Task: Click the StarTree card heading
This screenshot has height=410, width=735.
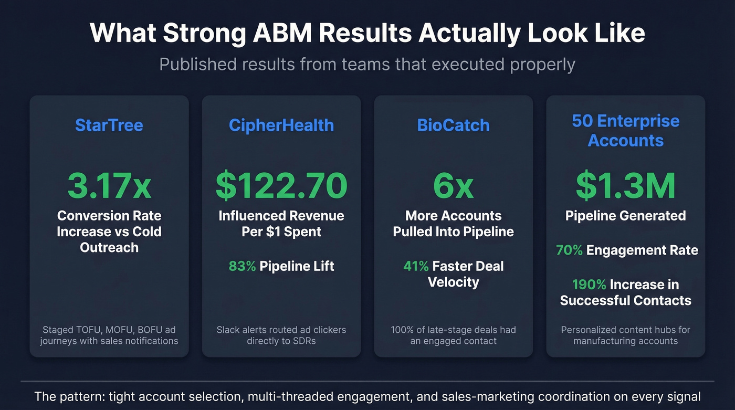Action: (109, 125)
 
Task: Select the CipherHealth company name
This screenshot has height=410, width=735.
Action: (281, 125)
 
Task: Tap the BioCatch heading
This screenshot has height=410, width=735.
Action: (453, 125)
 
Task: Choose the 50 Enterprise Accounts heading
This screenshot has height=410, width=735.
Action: (626, 131)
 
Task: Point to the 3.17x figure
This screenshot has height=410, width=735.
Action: (109, 185)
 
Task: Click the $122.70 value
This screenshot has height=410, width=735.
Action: (281, 185)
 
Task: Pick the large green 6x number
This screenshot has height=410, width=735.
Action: (453, 185)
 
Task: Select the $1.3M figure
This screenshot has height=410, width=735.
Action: (626, 185)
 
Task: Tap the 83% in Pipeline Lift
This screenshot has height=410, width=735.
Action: (242, 266)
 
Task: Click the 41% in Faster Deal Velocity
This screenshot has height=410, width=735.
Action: (416, 266)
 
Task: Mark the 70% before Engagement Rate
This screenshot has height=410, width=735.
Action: (569, 250)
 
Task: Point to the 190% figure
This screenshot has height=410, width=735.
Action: (589, 285)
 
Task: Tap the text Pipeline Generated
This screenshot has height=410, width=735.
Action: (626, 216)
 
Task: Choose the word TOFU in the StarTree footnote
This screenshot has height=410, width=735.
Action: (86, 330)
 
